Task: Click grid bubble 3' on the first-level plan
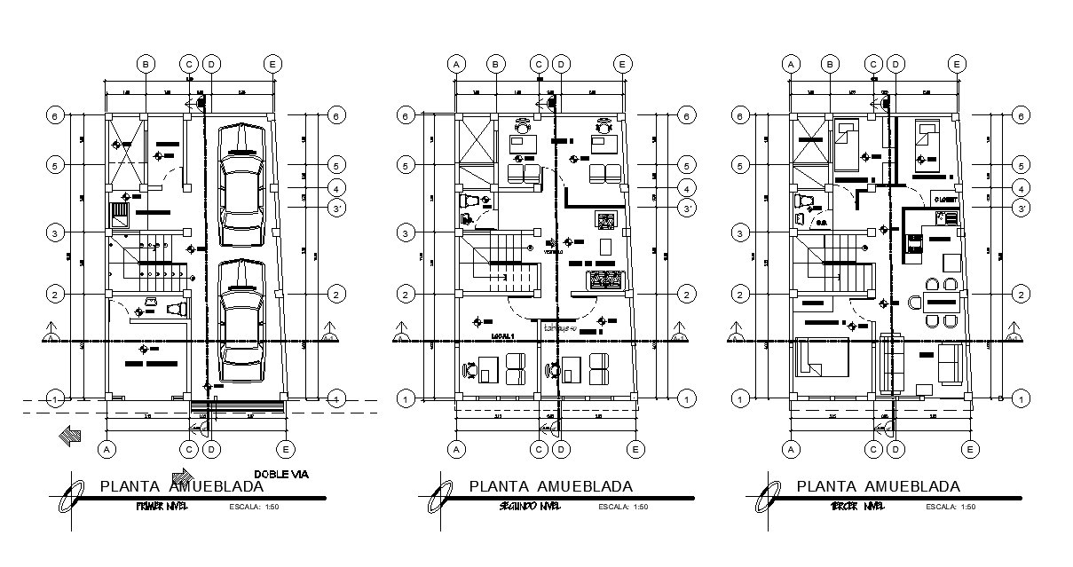[x=336, y=209]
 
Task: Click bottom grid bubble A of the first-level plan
[x=107, y=450]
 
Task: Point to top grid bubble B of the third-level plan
[x=830, y=64]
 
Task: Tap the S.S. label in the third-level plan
[x=822, y=222]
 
